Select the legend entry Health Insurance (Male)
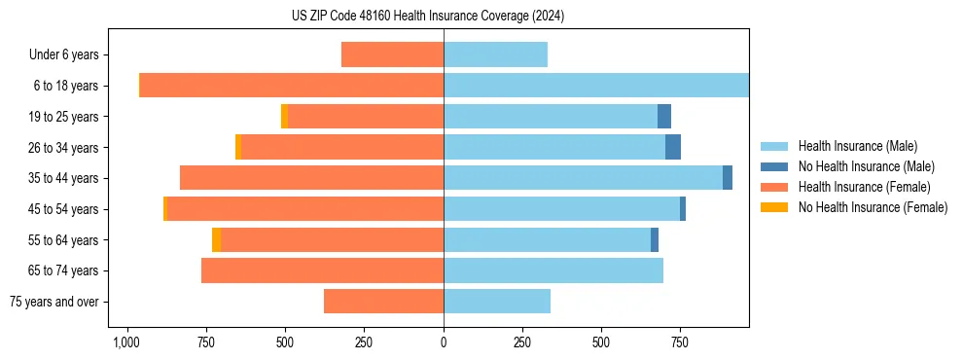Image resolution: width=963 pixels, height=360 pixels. tap(857, 146)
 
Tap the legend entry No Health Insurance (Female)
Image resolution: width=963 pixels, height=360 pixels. tap(873, 207)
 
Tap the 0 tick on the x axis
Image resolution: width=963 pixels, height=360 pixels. tap(444, 342)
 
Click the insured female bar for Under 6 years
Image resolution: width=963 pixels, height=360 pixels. tap(392, 54)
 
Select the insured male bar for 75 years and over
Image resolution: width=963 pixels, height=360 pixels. tap(497, 302)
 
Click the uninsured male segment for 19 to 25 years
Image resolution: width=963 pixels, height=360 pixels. tap(664, 117)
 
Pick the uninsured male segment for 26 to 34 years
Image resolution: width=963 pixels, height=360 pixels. tap(673, 147)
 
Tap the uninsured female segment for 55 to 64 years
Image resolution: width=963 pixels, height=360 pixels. tap(216, 239)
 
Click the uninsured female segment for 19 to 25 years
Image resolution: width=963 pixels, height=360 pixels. tap(284, 117)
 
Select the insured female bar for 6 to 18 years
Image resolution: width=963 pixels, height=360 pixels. tap(292, 86)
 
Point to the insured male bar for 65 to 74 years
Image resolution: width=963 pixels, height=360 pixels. tap(553, 270)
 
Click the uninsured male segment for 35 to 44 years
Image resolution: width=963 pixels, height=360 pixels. tap(728, 178)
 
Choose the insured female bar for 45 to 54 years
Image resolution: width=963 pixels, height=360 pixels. tap(305, 209)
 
